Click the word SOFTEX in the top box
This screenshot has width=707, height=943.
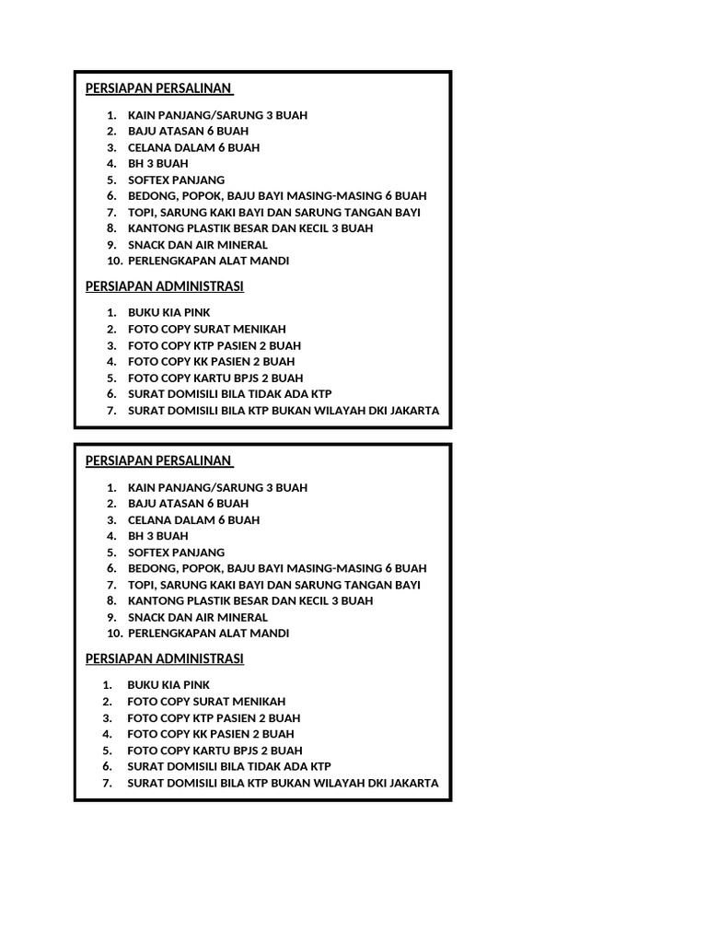(x=148, y=180)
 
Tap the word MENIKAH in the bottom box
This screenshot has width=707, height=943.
(x=259, y=701)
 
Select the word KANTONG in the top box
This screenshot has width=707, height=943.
(x=155, y=227)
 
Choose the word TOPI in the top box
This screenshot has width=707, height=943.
(x=141, y=212)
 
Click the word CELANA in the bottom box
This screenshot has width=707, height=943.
(x=149, y=519)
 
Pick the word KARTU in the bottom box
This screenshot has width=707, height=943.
(x=218, y=750)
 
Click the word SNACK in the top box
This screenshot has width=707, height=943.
(x=147, y=244)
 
